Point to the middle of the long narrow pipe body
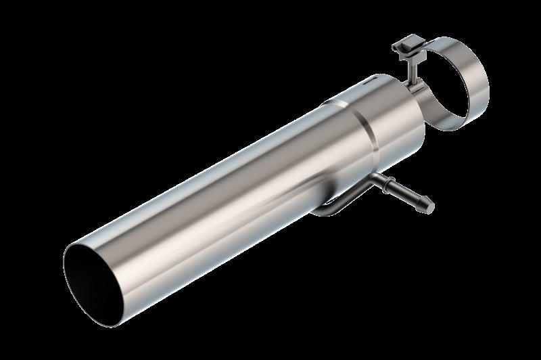(223, 203)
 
